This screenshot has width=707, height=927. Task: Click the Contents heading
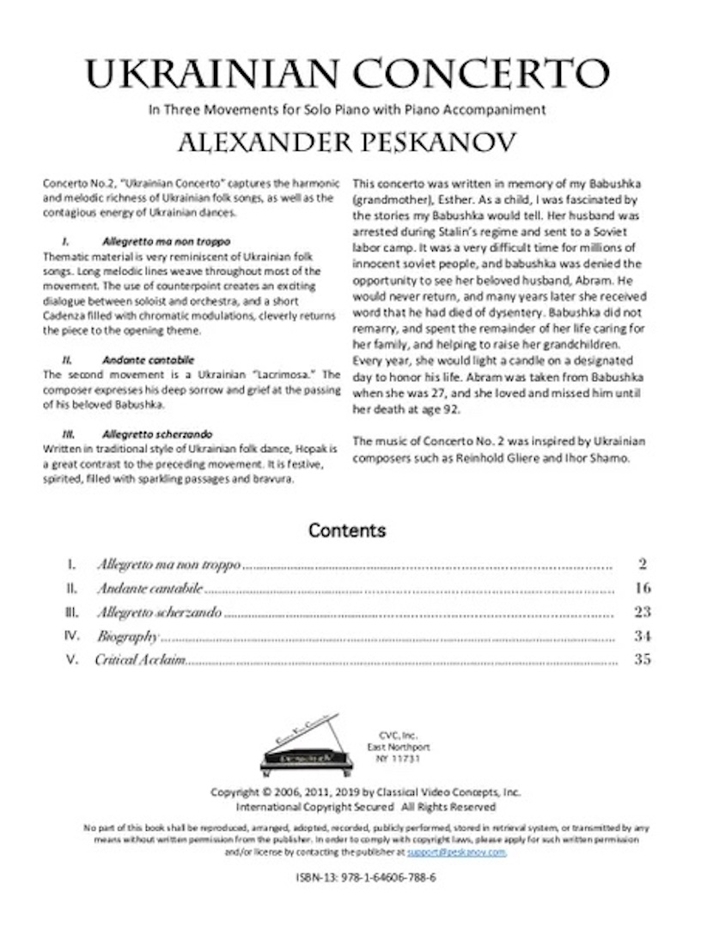click(x=347, y=530)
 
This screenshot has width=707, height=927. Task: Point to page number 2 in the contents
click(x=643, y=565)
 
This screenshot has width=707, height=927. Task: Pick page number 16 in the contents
click(x=643, y=589)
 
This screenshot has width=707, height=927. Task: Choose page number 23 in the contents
click(x=643, y=613)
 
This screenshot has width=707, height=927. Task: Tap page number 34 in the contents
click(x=643, y=637)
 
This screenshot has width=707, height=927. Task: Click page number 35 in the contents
click(x=643, y=660)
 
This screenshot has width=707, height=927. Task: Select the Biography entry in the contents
click(x=128, y=637)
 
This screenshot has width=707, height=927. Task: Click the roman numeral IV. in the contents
click(x=73, y=637)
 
